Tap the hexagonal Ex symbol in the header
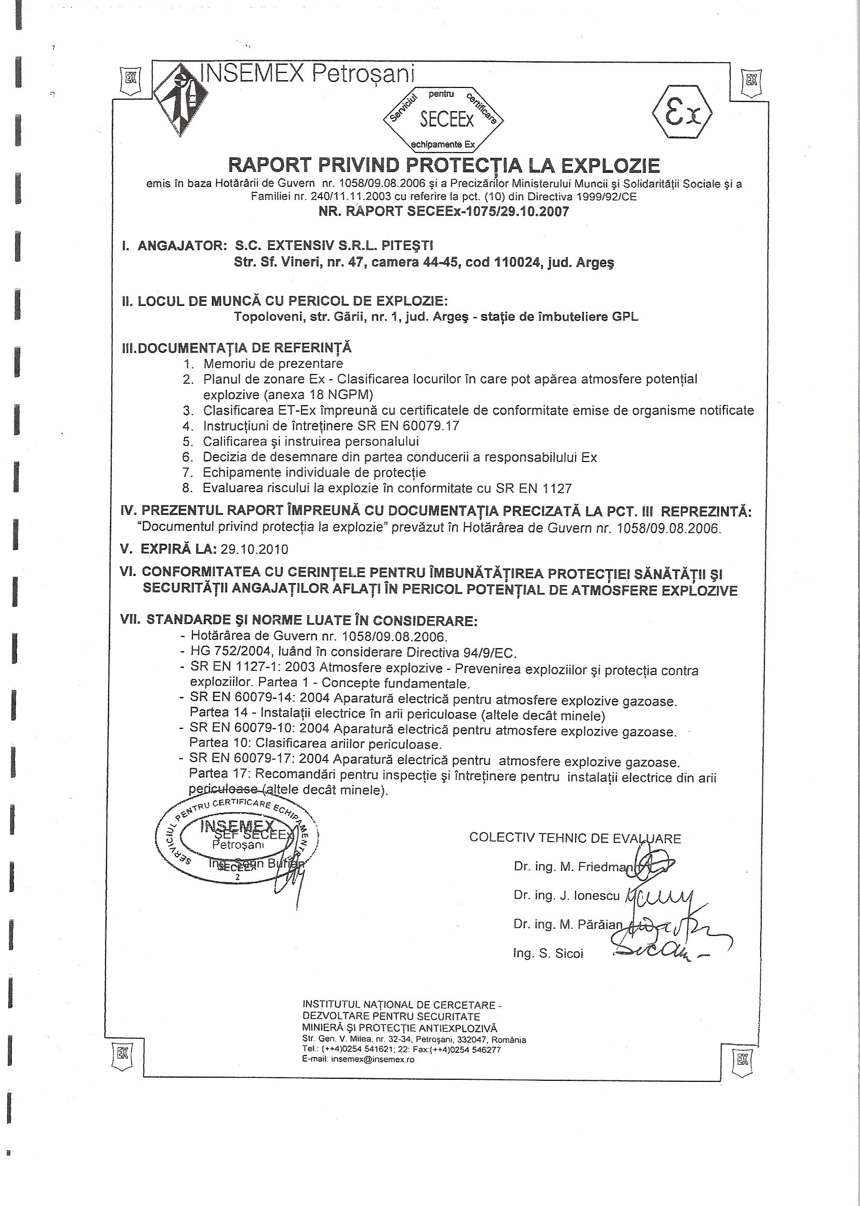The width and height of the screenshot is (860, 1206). [682, 113]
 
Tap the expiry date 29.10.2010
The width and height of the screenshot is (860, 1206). [254, 549]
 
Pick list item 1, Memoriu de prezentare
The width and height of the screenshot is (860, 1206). [273, 364]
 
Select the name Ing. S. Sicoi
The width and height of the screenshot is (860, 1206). [548, 954]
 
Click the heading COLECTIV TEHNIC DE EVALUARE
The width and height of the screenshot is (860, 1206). [575, 838]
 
